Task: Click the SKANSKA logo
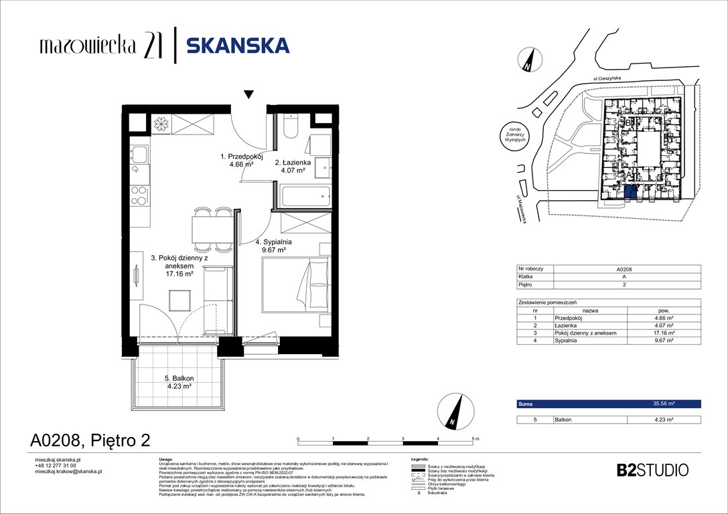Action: coord(237,45)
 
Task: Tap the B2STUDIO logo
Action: coord(652,470)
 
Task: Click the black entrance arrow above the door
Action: coord(249,95)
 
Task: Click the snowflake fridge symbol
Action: coord(161,124)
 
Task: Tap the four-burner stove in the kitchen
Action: coord(139,195)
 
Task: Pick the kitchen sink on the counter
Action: coord(139,156)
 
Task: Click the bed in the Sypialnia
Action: coord(295,285)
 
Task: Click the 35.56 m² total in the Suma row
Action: coord(663,404)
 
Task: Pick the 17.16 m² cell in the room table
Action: coord(663,333)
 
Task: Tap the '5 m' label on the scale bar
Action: coord(476,438)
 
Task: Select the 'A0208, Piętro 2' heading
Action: coord(90,440)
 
